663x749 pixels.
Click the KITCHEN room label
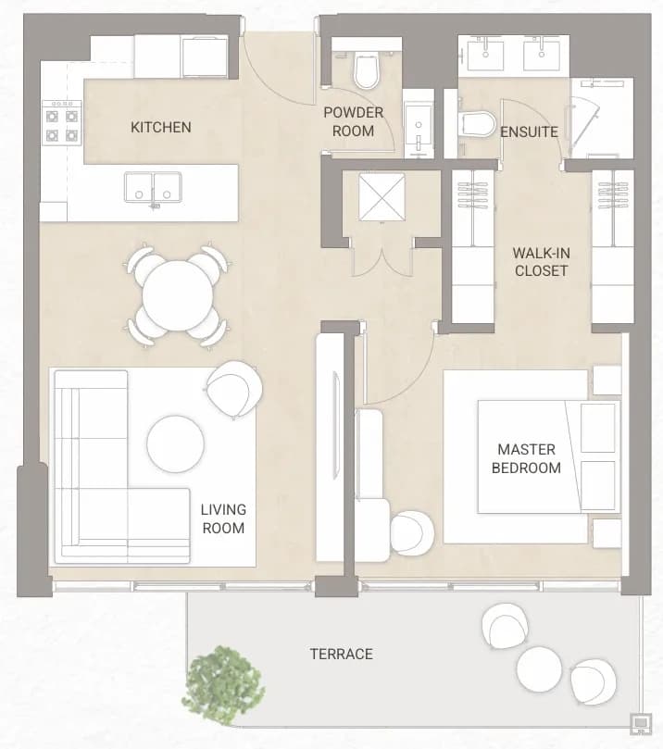(x=160, y=127)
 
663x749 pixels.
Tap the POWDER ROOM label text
(x=354, y=122)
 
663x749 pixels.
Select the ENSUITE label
(x=529, y=131)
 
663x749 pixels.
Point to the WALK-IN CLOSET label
(x=541, y=262)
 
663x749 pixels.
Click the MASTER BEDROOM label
(x=526, y=458)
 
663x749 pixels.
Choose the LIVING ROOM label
(x=223, y=518)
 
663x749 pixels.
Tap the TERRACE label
(x=342, y=654)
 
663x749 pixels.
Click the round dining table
(x=178, y=295)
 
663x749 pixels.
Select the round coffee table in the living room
(x=176, y=443)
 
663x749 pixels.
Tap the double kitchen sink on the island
(x=153, y=188)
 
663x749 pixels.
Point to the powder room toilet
(x=367, y=70)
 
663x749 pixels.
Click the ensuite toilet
(x=477, y=124)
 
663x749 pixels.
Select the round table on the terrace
(x=539, y=668)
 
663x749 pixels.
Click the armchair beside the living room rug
(x=234, y=389)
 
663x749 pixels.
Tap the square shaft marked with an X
(x=382, y=197)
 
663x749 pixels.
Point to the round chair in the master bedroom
(x=412, y=533)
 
